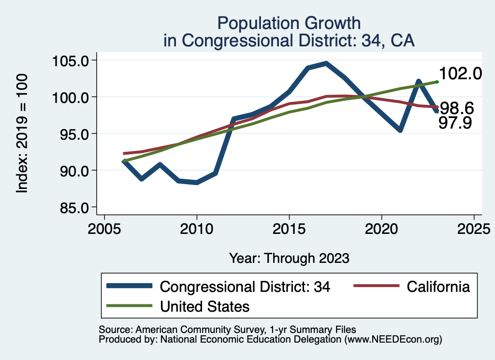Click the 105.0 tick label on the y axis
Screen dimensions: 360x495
(71, 61)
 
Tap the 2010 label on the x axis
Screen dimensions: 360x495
(197, 228)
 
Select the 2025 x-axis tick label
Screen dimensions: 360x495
(474, 228)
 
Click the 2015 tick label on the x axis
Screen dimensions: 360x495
(289, 228)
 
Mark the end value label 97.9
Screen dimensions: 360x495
(455, 124)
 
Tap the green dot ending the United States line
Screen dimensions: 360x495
(437, 82)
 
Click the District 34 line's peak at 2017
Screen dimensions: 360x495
(326, 63)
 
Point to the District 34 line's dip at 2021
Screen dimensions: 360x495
(400, 130)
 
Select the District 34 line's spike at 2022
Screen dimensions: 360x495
(418, 81)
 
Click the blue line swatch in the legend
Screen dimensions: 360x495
(130, 287)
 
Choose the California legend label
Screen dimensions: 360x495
(438, 287)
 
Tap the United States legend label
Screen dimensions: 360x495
(204, 306)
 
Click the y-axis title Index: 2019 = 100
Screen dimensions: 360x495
(22, 134)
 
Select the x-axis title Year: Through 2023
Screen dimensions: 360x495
(289, 258)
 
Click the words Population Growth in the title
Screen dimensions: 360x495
(289, 23)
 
